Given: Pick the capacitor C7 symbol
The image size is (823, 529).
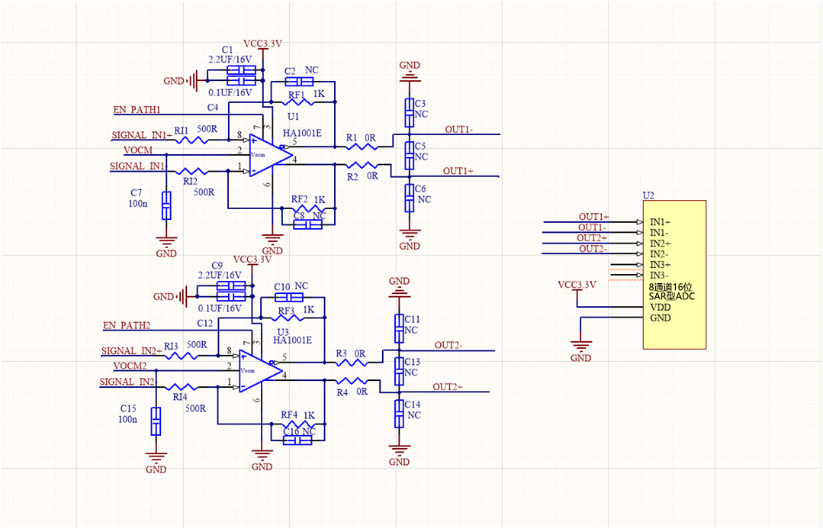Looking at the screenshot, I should [166, 205].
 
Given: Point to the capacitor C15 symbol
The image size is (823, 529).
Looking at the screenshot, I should [156, 421].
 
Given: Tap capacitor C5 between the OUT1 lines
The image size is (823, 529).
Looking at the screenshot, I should [410, 156].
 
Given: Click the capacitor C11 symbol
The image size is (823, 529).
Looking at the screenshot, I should [399, 328].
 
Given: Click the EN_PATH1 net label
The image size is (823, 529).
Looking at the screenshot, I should [137, 110].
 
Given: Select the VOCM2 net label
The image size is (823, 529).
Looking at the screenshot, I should [125, 366].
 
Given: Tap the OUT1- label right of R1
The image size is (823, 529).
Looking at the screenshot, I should [459, 130].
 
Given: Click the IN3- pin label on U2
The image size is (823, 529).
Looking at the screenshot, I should [659, 275].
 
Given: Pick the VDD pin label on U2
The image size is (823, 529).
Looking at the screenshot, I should [661, 307].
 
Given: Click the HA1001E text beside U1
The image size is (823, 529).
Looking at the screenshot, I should [302, 133].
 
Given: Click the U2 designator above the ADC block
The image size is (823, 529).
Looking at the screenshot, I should [648, 195].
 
